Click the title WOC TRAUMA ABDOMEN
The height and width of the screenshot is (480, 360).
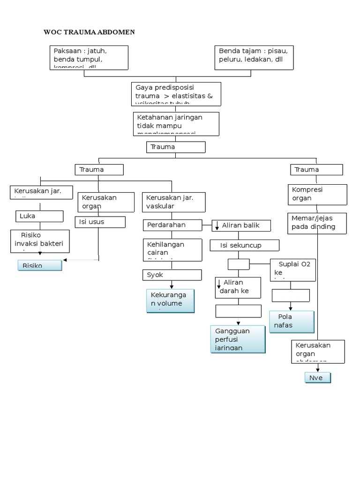pos(89,32)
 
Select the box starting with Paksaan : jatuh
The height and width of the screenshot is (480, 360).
pos(89,57)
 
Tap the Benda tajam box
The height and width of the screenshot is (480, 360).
pos(254,57)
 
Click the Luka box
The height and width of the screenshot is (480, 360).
pos(39,216)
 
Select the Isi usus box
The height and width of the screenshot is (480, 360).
pos(100,222)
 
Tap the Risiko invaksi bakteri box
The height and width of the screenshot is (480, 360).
pos(40,241)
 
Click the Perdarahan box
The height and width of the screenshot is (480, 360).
pos(172,225)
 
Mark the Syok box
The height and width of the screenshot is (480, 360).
pos(172,275)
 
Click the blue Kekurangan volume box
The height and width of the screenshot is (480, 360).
pos(170,300)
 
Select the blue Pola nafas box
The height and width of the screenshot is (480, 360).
pos(292,321)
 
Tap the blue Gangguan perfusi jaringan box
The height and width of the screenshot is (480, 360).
pos(238,339)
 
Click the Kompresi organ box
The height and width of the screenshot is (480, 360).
pos(318,195)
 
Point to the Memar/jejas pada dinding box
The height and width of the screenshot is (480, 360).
pos(317,223)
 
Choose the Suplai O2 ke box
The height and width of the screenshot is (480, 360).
pos(293,270)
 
